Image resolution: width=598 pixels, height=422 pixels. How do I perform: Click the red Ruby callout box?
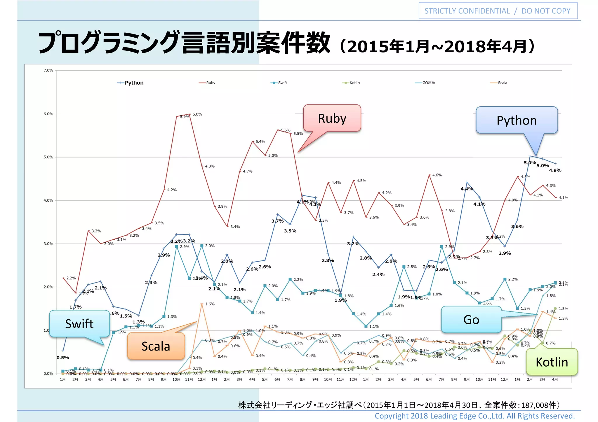coord(332,118)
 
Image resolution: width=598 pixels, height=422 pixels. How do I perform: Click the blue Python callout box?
coord(517,120)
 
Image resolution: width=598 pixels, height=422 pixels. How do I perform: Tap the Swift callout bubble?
coord(79,324)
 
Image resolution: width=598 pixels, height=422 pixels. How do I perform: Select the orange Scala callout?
coord(156,346)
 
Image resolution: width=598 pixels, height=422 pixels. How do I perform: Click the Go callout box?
coord(471,320)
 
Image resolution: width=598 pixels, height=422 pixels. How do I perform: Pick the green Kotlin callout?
coord(552,362)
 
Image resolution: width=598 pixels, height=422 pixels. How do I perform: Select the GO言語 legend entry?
coord(428,83)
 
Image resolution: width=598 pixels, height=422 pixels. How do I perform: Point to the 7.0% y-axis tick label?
coord(48,70)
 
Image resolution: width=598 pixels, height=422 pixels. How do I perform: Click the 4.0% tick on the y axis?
coord(48,200)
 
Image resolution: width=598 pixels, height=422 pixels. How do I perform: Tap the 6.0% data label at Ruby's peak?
coord(197,114)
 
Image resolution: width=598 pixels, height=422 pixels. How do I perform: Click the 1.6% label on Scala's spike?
coord(210,304)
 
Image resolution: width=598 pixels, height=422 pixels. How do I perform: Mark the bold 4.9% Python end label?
coord(555,170)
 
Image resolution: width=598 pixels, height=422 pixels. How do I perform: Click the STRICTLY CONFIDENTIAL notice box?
coord(498,11)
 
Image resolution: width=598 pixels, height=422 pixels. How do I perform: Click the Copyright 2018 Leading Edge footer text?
coord(474,416)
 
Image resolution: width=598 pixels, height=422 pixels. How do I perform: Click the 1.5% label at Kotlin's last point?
coord(563,309)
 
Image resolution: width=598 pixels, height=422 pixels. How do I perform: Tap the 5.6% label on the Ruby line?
coord(286,130)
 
